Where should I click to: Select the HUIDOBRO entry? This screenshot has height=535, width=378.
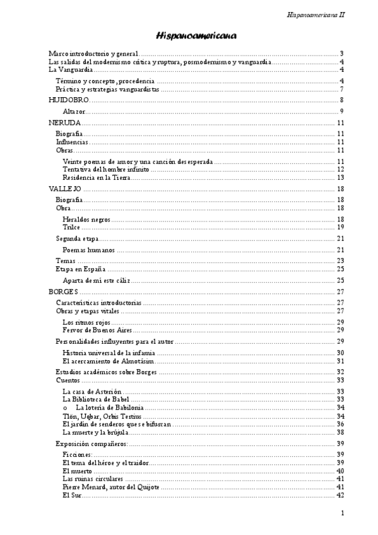69,100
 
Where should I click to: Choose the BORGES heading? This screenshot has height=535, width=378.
63,292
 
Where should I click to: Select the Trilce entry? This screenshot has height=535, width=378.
72,227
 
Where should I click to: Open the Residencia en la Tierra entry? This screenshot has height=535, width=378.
97,178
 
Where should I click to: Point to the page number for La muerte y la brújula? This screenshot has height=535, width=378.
340,433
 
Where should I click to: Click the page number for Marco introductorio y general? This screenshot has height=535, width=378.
341,54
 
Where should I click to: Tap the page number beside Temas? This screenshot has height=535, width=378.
340,261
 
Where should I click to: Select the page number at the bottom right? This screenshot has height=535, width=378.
341,514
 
